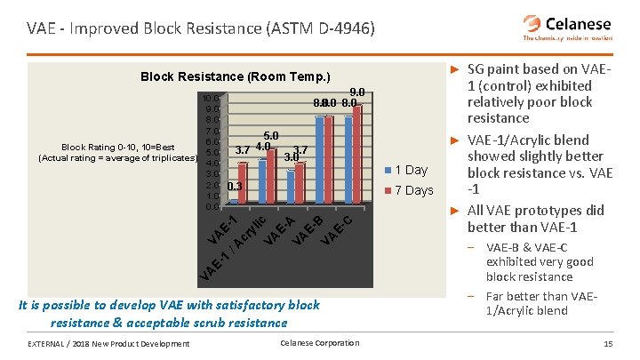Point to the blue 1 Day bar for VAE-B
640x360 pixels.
(319, 159)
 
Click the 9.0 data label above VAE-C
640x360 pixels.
(357, 91)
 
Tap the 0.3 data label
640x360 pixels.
(236, 187)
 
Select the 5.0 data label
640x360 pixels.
(272, 135)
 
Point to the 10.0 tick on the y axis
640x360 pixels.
(211, 98)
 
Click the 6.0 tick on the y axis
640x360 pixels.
(211, 141)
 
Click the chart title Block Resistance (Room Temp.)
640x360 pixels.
(236, 76)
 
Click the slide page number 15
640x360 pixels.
(608, 344)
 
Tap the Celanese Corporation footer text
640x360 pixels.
(319, 343)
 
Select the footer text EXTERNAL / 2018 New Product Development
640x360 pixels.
(108, 344)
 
